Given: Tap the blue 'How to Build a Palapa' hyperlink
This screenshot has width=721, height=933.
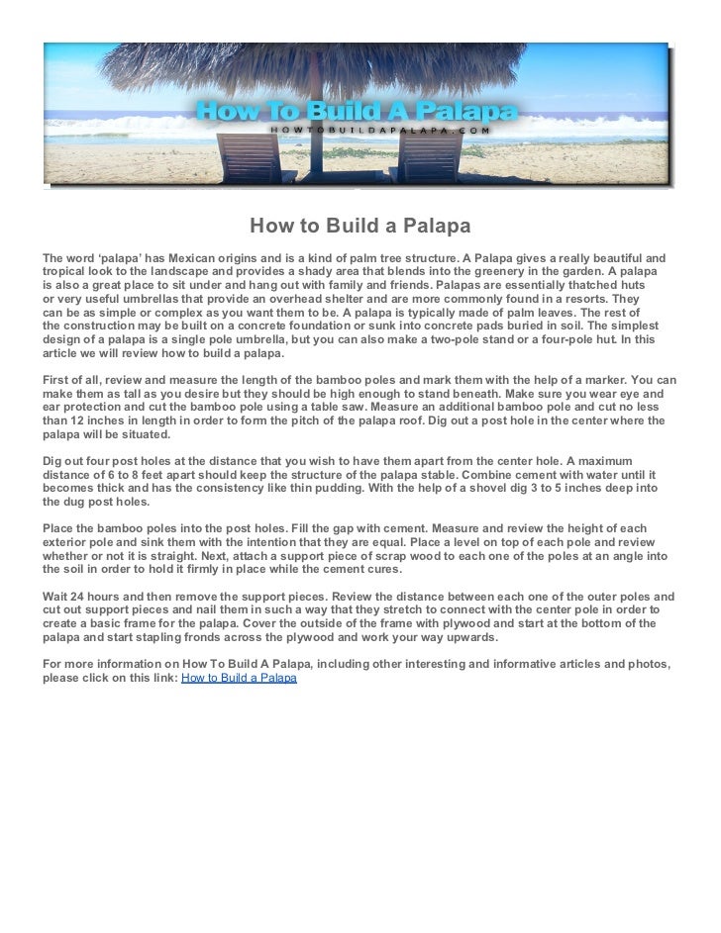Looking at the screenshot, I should tap(239, 681).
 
